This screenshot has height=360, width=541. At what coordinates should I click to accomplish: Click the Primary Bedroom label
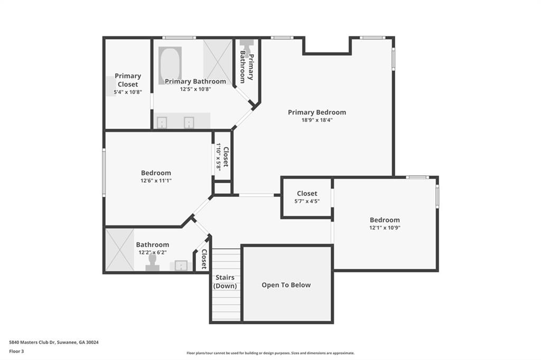point(317,112)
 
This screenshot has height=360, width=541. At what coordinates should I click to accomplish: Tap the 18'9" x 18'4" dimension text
point(317,120)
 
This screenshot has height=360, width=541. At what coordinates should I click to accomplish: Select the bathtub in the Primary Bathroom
point(170,65)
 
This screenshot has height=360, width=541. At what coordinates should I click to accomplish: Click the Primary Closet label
point(128,80)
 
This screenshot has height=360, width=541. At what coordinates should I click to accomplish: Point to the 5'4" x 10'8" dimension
point(128,92)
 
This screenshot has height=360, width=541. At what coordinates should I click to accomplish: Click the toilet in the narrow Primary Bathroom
point(247,46)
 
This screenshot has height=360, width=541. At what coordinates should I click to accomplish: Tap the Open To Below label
point(286,285)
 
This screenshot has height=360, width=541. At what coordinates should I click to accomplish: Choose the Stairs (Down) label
point(225,281)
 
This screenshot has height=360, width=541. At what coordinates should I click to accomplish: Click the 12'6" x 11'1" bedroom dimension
point(156,181)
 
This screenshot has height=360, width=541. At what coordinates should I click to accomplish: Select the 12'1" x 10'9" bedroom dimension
point(385,228)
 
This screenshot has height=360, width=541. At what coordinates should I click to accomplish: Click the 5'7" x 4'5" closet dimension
point(307,201)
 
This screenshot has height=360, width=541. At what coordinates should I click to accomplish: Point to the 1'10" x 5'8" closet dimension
point(218,157)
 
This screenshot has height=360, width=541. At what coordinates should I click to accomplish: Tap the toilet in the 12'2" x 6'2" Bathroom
point(152,262)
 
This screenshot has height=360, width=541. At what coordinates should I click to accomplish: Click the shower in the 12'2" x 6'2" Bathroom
point(119,250)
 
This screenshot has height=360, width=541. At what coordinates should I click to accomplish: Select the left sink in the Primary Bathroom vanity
point(162,122)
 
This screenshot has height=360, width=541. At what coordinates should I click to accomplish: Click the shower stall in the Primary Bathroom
point(217,57)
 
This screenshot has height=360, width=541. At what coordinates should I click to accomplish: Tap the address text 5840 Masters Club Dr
point(32,343)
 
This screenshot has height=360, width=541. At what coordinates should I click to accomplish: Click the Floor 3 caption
point(16,352)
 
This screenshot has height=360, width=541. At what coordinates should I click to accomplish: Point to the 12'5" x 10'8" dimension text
point(195,89)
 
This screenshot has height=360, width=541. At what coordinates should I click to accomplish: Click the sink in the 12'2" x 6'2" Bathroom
point(181,266)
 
